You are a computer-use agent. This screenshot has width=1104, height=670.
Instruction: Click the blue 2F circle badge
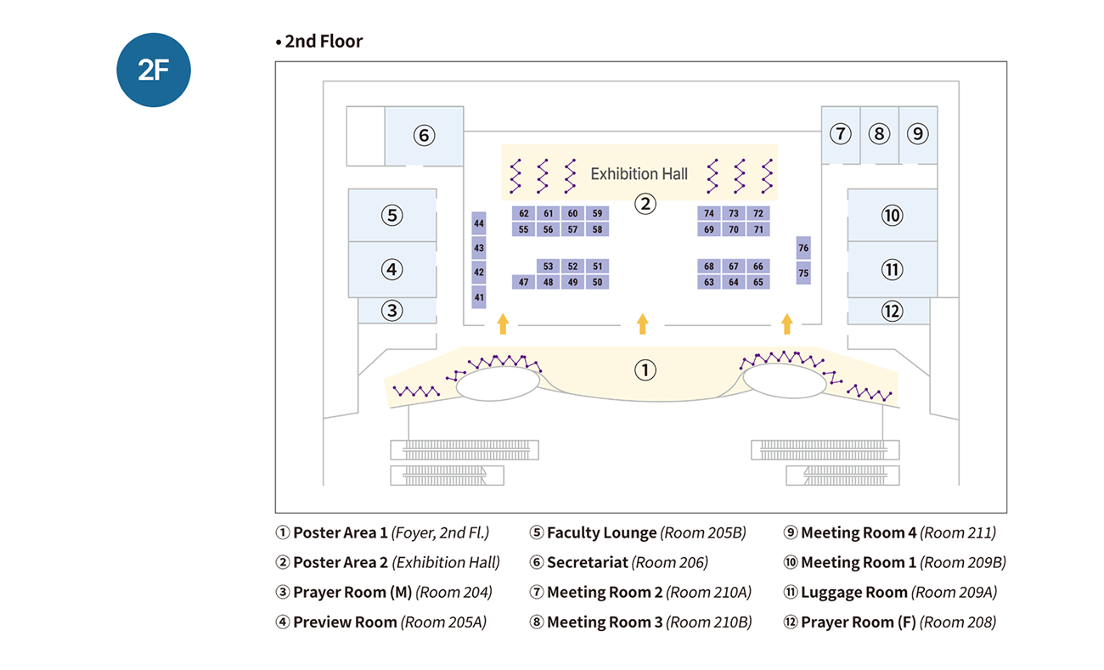click(x=154, y=70)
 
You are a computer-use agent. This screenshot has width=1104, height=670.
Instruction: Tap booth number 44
click(x=479, y=223)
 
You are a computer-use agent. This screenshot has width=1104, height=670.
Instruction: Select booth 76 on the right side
click(x=803, y=248)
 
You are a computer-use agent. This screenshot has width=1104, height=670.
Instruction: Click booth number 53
click(x=549, y=267)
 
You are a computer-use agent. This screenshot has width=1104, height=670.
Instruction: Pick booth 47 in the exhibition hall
click(x=523, y=282)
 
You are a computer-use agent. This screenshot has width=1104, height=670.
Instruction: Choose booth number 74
click(x=709, y=213)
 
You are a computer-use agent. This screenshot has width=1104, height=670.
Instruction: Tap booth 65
click(x=758, y=282)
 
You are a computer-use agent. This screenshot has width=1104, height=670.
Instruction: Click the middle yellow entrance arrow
click(x=643, y=324)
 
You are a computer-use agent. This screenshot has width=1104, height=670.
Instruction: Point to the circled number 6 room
click(x=424, y=135)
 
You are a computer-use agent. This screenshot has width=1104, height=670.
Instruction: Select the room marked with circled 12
click(x=892, y=311)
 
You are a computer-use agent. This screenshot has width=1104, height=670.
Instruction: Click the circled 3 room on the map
click(x=391, y=311)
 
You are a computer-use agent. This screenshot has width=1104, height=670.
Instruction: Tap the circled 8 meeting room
click(x=879, y=133)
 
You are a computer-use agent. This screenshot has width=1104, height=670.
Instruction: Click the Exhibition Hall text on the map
click(x=639, y=174)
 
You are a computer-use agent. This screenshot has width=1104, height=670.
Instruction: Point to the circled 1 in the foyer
click(x=645, y=370)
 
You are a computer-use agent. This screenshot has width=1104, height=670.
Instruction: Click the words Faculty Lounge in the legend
click(x=601, y=533)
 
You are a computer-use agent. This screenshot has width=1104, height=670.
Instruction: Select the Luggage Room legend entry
click(x=853, y=593)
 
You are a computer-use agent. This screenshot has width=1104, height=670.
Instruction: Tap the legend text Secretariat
click(x=587, y=563)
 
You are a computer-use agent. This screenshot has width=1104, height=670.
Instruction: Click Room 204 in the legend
click(x=454, y=593)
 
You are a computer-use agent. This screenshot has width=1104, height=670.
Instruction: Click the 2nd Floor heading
click(x=324, y=42)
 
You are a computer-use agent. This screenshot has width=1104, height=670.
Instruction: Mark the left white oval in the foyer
click(x=498, y=384)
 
